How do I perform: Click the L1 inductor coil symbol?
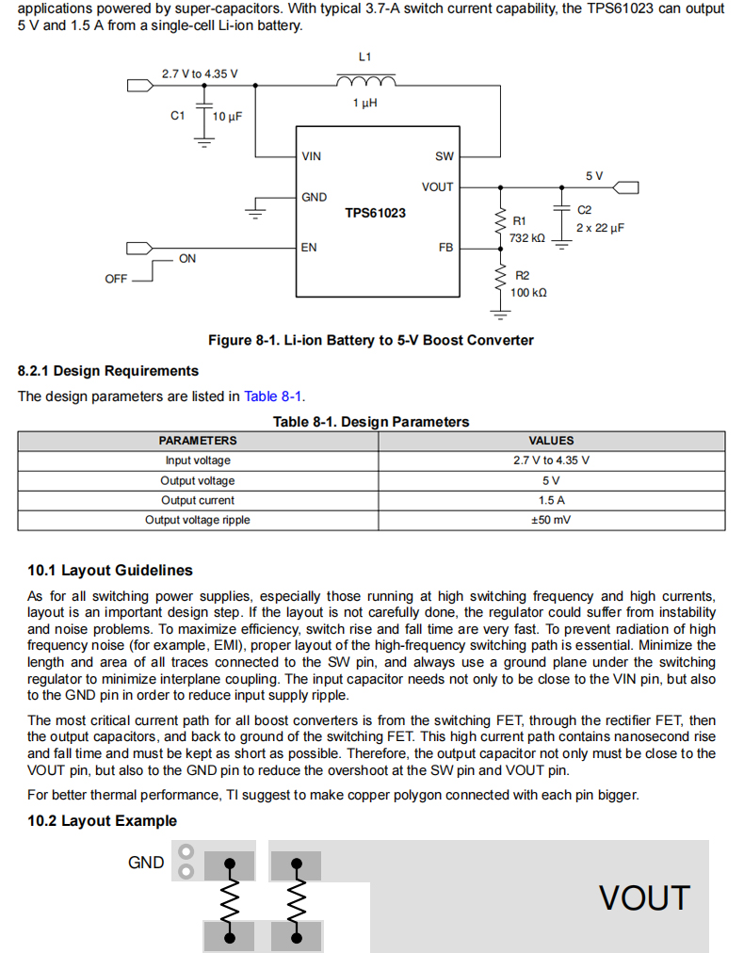(x=366, y=81)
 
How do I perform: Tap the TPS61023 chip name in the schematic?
(x=375, y=213)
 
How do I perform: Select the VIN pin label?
(x=311, y=156)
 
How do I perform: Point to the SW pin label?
(x=445, y=156)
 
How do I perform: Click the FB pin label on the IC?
(x=446, y=248)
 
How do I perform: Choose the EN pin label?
(x=309, y=248)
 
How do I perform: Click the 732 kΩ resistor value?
(x=527, y=238)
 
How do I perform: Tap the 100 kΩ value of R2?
(x=528, y=293)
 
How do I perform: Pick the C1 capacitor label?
(x=177, y=116)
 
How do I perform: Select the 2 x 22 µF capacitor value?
(x=600, y=228)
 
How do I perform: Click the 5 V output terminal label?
(x=594, y=176)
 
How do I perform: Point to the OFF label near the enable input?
(x=116, y=279)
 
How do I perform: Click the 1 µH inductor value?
(x=364, y=103)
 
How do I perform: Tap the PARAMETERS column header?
(x=198, y=441)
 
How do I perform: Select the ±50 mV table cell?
(x=551, y=520)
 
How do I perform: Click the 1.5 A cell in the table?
(x=551, y=500)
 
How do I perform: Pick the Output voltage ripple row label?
(x=198, y=520)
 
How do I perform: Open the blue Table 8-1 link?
(x=273, y=396)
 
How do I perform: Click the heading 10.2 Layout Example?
(x=102, y=821)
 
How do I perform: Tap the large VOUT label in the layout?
(x=644, y=898)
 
